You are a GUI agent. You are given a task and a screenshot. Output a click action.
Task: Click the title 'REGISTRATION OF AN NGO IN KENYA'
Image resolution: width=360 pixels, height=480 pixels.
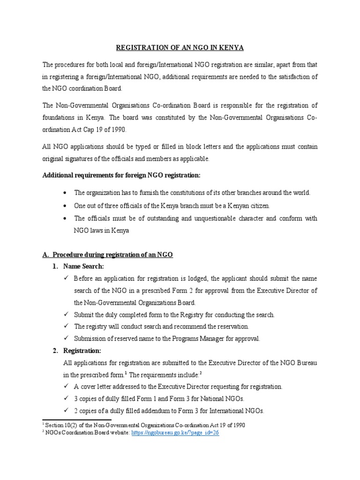[180, 48]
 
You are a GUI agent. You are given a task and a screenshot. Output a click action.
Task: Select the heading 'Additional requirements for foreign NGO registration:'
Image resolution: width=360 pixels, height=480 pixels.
[121, 175]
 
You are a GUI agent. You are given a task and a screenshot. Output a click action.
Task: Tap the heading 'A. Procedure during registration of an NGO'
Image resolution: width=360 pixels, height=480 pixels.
[107, 255]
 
